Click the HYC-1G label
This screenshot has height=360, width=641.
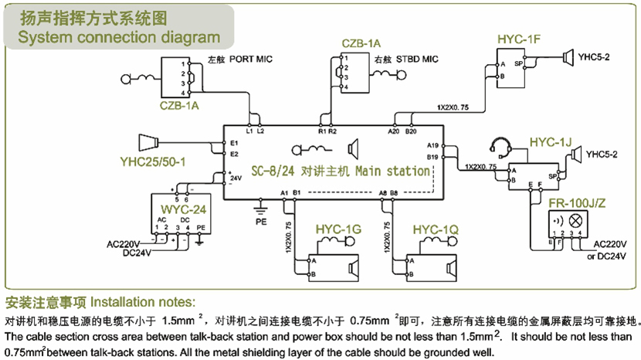tap(338, 230)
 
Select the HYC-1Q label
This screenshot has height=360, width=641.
tap(436, 230)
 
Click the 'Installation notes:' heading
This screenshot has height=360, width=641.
tap(143, 301)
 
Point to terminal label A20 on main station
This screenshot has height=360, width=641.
tap(393, 131)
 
